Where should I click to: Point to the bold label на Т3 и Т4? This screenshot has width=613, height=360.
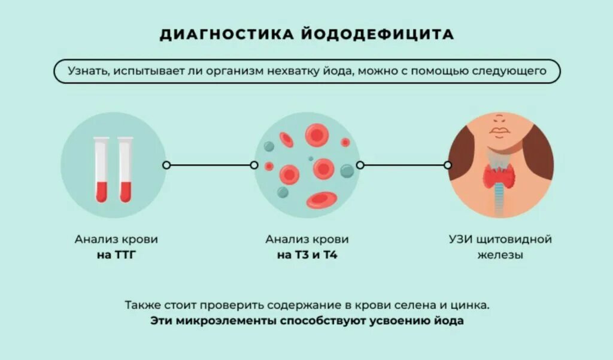point(306,255)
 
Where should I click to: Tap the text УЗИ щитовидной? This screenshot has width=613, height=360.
point(500,240)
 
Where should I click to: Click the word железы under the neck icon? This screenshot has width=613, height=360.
point(500,255)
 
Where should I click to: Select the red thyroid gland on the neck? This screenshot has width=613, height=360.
point(500,176)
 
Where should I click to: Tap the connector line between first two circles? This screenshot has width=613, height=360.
point(210,165)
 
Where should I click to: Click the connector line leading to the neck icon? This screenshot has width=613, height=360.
point(403,165)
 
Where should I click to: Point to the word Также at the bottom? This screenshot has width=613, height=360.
point(140,304)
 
